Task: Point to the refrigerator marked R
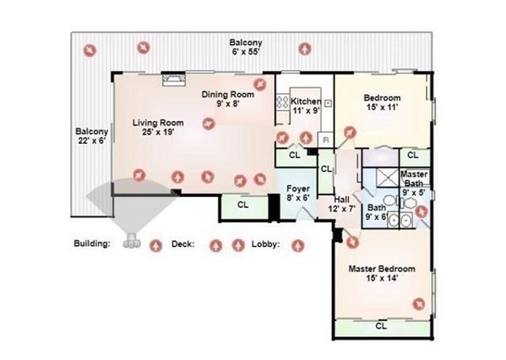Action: (324, 139)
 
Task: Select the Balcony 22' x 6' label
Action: (91, 137)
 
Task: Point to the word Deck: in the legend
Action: (183, 244)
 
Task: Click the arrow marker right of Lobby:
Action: (297, 244)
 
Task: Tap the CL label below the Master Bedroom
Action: (380, 325)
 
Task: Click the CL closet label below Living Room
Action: (243, 205)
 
